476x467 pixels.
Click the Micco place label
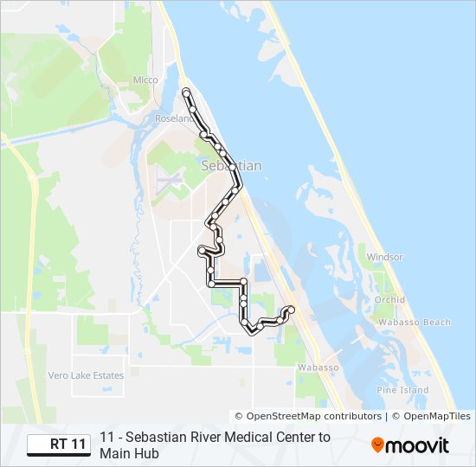(145, 80)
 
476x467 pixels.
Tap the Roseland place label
(173, 118)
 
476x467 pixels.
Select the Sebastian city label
(230, 165)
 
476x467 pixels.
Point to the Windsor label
(384, 257)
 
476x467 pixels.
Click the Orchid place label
(389, 300)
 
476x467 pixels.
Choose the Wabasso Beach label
(413, 323)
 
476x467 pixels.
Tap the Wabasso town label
(317, 368)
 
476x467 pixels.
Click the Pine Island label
(402, 390)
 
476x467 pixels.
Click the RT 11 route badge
(58, 445)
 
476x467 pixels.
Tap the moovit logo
(410, 445)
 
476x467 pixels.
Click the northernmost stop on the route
(186, 91)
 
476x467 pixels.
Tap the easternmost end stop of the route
(291, 310)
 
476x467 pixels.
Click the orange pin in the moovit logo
(378, 445)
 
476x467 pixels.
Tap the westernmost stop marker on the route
(202, 251)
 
